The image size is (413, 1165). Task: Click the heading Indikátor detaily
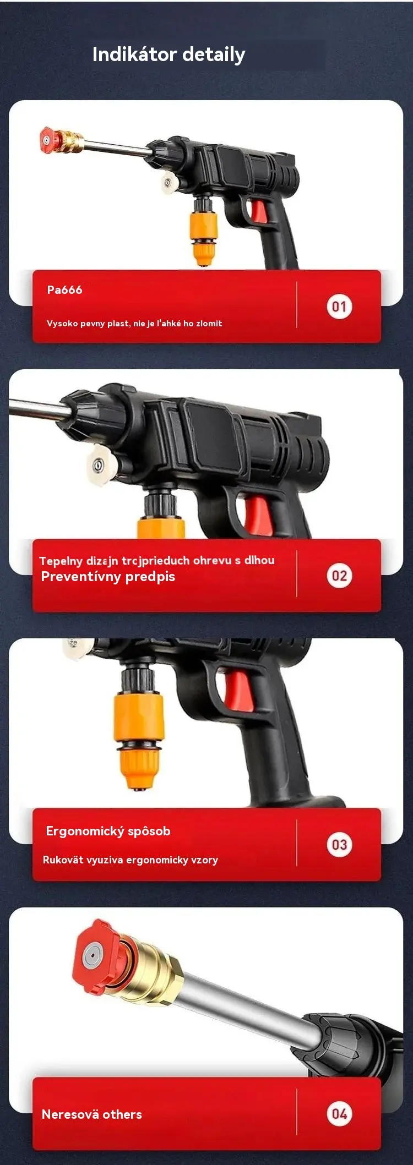tap(169, 55)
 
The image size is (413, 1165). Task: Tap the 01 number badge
tap(339, 307)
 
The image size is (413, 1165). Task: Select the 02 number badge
tap(339, 576)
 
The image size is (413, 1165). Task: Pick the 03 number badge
tap(339, 845)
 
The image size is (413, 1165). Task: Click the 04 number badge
tap(339, 1114)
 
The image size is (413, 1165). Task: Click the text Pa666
tap(64, 290)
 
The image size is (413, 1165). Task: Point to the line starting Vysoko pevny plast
tap(134, 324)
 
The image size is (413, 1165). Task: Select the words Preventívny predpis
tap(108, 577)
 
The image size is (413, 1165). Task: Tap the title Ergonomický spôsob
tap(108, 831)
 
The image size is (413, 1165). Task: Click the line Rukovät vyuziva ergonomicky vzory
tap(131, 860)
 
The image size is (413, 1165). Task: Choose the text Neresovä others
tap(92, 1114)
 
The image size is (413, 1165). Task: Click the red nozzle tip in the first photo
tap(48, 139)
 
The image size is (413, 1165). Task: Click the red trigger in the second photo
tap(258, 516)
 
